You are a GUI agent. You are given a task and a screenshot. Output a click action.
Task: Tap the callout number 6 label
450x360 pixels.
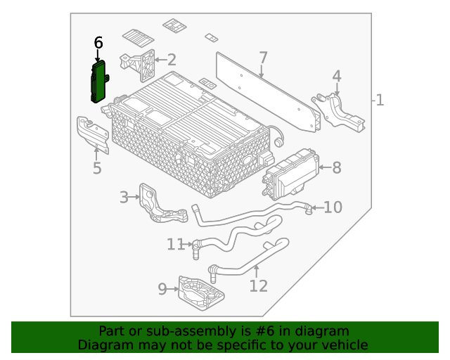[x=98, y=43]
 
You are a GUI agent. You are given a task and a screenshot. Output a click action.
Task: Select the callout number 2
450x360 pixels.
[x=171, y=60]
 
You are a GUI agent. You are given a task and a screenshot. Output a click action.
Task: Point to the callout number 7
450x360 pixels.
[x=263, y=57]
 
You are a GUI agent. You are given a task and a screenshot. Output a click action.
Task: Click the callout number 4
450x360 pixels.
[x=337, y=76]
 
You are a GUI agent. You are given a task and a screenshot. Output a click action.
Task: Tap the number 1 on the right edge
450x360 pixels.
[x=380, y=101]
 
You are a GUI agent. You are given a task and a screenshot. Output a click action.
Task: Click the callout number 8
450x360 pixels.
[x=336, y=167]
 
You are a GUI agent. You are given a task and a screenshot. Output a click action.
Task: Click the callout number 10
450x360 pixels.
[x=333, y=207]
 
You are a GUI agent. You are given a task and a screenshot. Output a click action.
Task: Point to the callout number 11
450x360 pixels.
[x=174, y=244]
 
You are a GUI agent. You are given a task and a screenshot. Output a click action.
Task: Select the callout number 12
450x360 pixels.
[x=258, y=285]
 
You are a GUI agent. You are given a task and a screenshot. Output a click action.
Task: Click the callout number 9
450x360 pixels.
[x=162, y=288]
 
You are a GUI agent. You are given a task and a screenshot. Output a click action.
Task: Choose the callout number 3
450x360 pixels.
[x=124, y=198]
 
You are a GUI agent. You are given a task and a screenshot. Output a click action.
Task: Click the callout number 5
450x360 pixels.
[x=97, y=169]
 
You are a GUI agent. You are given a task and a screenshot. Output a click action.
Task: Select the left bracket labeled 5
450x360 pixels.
[x=92, y=134]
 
